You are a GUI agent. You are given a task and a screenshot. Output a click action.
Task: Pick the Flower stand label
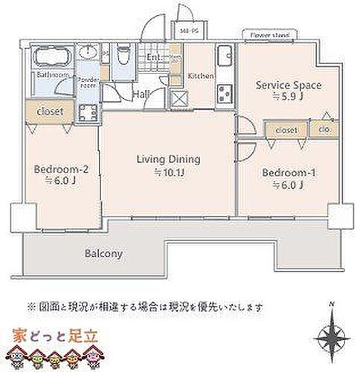coord(269,34)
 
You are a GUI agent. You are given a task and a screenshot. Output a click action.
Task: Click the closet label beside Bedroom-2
coord(46,112)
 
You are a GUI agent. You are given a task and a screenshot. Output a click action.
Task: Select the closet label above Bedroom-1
coord(286,130)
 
